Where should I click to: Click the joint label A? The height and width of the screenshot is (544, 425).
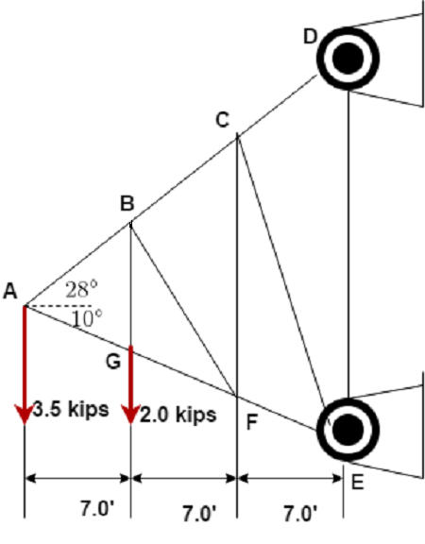pos(10,292)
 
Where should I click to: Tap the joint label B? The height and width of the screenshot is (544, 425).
pos(127,202)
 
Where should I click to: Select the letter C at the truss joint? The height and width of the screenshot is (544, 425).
pos(223,119)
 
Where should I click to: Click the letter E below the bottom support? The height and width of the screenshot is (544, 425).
pos(356,482)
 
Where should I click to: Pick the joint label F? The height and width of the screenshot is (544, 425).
pos(251,420)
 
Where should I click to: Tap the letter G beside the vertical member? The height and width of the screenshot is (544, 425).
pos(113,361)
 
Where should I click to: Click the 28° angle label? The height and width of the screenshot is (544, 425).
pos(81,289)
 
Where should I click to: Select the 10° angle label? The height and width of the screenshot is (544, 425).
pos(85,318)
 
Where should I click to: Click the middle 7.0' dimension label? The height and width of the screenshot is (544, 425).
pos(199,513)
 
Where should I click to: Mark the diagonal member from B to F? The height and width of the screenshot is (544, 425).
pos(183,309)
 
